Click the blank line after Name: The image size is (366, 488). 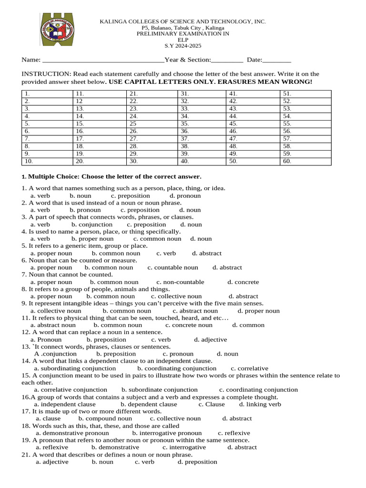(103, 60)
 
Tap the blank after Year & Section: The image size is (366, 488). (227, 60)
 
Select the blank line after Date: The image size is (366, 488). (277, 60)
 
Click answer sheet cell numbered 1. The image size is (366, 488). (47, 94)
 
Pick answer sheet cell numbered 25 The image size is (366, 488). (152, 123)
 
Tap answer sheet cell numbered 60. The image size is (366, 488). (305, 162)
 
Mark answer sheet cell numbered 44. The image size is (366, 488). (253, 116)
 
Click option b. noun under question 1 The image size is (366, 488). (80, 196)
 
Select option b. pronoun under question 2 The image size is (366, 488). (85, 210)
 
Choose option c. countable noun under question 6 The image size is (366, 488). (173, 268)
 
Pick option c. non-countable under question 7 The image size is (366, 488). (180, 282)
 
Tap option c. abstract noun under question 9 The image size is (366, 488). (195, 311)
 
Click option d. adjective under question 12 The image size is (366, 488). (210, 340)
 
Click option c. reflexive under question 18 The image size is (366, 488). (234, 433)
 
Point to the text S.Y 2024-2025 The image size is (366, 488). (183, 46)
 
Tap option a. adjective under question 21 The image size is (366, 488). (52, 462)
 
